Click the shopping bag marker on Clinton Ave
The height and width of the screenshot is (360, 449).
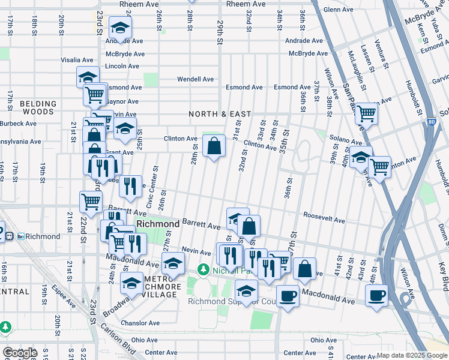(214, 146)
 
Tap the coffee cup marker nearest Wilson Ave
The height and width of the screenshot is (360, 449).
(376, 295)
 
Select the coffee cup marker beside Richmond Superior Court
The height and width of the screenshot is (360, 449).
(288, 296)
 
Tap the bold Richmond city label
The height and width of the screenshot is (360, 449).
(158, 224)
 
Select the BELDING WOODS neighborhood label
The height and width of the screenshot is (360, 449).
(38, 107)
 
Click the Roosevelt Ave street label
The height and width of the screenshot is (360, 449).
(324, 220)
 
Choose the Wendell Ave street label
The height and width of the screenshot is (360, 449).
(195, 79)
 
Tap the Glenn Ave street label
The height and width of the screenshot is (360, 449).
(338, 10)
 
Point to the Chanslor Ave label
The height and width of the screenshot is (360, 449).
(139, 323)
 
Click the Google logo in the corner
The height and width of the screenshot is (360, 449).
(20, 353)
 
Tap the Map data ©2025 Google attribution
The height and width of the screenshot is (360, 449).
(411, 356)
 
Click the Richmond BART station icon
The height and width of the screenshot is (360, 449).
(20, 236)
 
